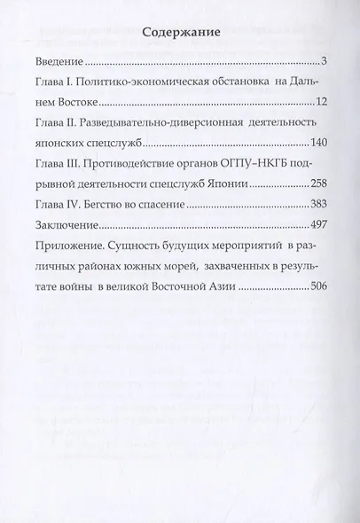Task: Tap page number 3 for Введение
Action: click(x=325, y=63)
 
